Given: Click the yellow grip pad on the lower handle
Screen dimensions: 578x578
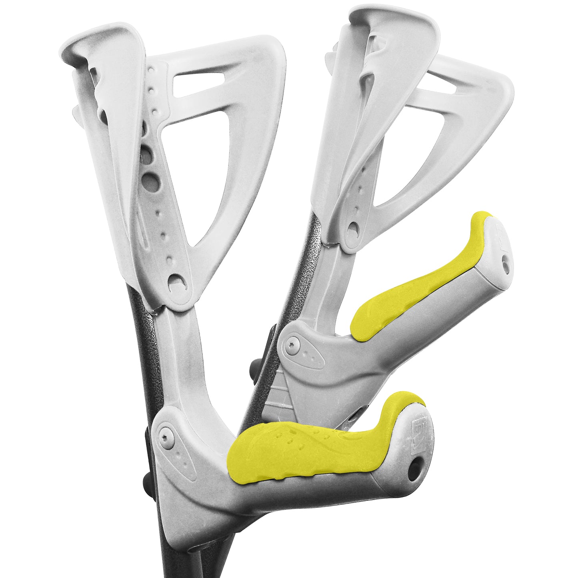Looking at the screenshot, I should point(304,452).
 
